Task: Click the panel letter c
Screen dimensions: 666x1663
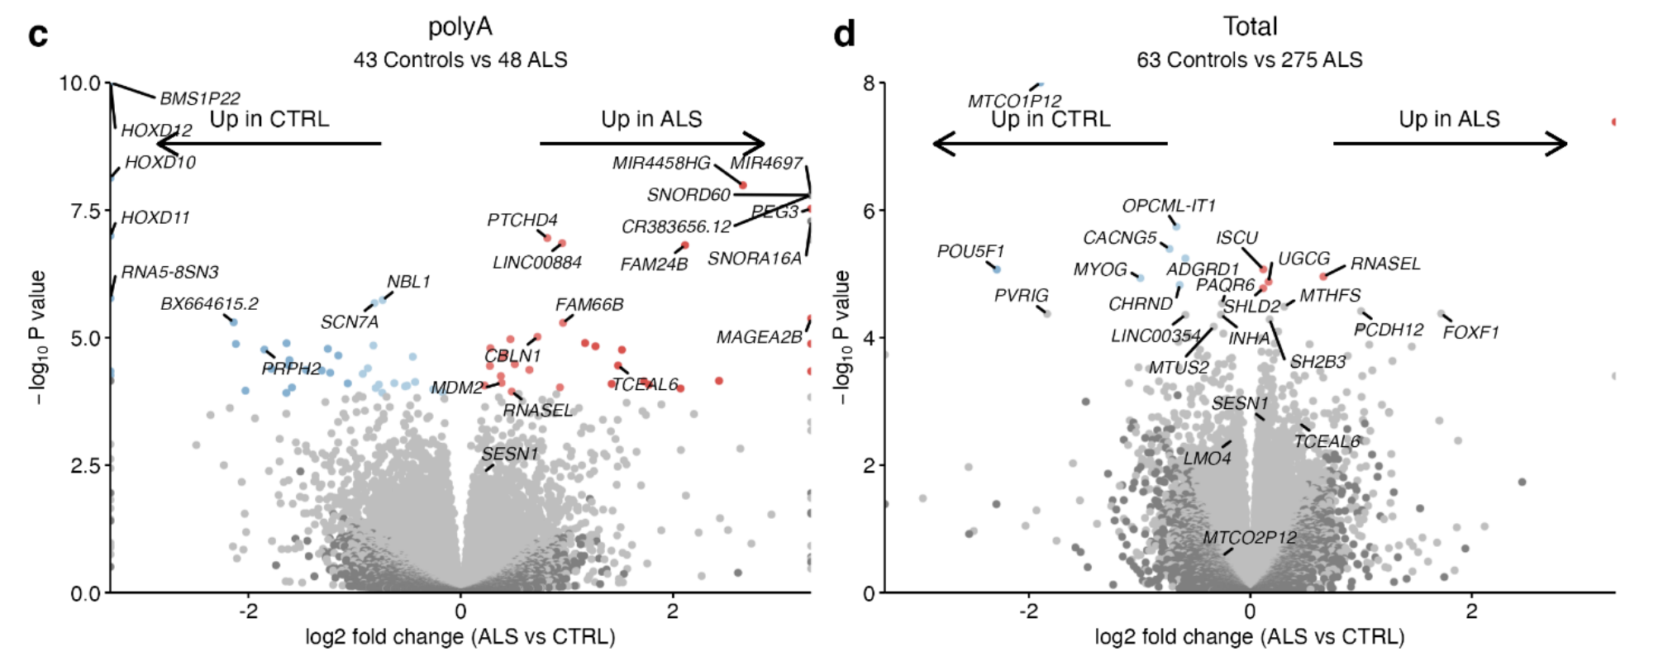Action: (38, 35)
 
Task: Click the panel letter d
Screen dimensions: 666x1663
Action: (844, 35)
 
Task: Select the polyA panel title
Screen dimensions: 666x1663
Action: (460, 27)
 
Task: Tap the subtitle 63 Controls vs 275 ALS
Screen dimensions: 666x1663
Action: (1249, 59)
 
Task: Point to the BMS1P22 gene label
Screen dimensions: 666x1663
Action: (199, 98)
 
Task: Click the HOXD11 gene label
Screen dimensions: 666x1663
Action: (155, 218)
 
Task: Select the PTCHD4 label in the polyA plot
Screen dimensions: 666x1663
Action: (522, 220)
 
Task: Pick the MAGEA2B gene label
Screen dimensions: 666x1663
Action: (759, 337)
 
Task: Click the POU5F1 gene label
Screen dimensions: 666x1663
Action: (970, 251)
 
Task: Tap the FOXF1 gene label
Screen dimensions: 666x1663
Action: (1470, 332)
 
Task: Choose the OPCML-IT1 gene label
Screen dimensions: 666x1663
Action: (1168, 206)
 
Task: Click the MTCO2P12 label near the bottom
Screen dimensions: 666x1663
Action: (1249, 538)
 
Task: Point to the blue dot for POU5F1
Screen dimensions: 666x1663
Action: (997, 269)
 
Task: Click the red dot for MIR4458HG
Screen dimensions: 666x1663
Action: (742, 185)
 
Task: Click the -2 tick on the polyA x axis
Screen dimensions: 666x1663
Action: (248, 611)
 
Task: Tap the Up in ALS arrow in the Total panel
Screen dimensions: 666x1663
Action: (1451, 144)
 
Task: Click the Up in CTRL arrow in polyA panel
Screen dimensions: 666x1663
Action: (269, 144)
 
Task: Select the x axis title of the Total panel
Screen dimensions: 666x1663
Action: (1249, 637)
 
